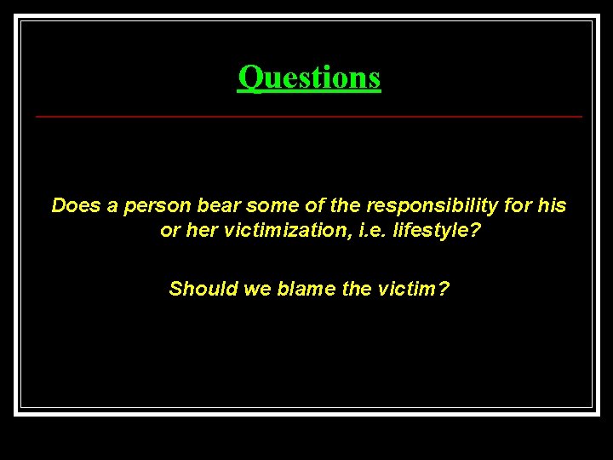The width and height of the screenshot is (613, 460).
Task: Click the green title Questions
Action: click(x=309, y=78)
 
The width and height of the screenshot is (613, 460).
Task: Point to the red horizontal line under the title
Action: click(x=309, y=116)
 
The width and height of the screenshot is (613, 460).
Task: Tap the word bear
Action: click(x=220, y=205)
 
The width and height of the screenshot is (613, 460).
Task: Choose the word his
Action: click(x=553, y=205)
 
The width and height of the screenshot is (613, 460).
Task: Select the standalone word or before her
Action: click(x=170, y=231)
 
